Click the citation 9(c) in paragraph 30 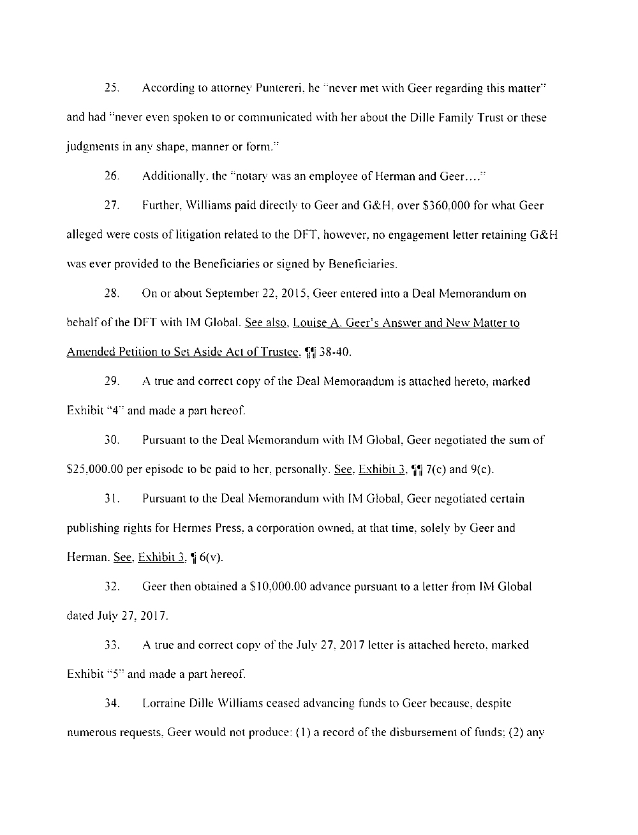(482, 470)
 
